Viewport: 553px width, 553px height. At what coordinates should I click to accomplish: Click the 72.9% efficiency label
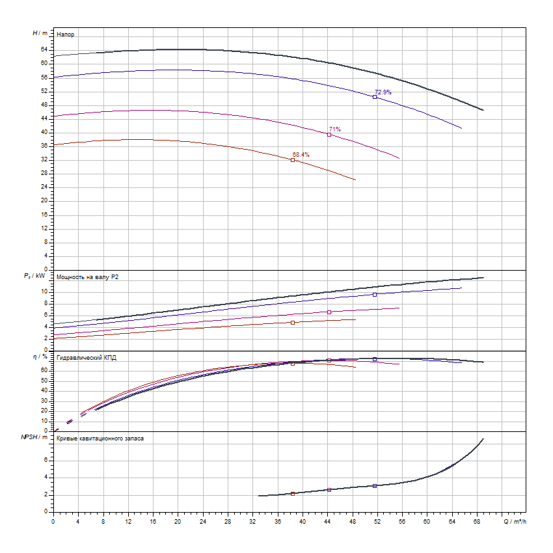click(383, 92)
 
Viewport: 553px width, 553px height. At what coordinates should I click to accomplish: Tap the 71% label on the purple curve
click(334, 129)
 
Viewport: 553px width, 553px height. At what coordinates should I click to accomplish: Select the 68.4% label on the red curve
click(301, 155)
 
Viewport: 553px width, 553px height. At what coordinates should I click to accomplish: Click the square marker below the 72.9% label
click(375, 97)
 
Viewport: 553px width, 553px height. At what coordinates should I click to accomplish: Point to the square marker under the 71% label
click(329, 135)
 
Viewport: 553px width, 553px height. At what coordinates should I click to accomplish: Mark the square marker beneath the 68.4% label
click(293, 160)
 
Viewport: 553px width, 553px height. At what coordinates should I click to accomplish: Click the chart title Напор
click(65, 33)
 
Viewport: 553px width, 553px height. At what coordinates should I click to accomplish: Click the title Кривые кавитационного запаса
click(100, 438)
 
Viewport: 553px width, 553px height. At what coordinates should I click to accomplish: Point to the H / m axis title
click(40, 33)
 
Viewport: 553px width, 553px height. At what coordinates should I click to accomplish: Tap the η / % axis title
click(40, 357)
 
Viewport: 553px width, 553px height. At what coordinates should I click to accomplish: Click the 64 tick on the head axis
click(44, 49)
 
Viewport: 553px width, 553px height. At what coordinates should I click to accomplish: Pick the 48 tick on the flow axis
click(352, 521)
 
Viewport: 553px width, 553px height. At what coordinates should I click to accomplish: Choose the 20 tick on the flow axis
click(178, 521)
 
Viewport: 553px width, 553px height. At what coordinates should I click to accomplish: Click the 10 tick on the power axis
click(45, 291)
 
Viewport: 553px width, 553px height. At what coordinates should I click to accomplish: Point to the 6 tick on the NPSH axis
click(46, 459)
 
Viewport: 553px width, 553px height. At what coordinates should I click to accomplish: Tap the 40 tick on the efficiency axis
click(44, 390)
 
